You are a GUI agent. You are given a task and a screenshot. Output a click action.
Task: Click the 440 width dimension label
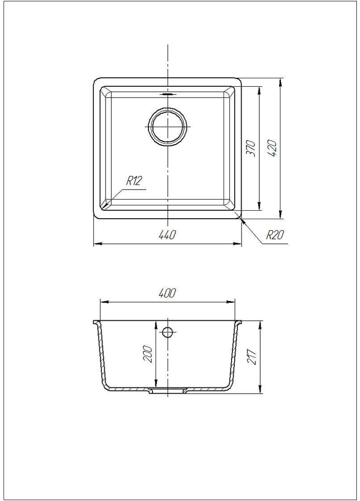167,234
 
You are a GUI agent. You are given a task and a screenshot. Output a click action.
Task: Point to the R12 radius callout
134,181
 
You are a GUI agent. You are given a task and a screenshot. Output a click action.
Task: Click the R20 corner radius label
275,235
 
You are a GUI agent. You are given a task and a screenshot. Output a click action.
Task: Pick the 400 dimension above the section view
167,293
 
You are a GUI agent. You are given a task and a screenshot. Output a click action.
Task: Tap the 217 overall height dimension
253,357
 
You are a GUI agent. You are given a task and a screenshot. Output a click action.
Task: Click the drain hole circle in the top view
168,127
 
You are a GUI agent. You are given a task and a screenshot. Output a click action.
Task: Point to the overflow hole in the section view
168,332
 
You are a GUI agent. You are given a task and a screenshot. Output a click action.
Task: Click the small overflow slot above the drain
168,94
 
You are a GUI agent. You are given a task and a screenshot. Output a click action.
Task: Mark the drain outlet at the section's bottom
168,391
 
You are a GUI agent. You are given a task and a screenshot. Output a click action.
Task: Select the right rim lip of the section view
240,323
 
